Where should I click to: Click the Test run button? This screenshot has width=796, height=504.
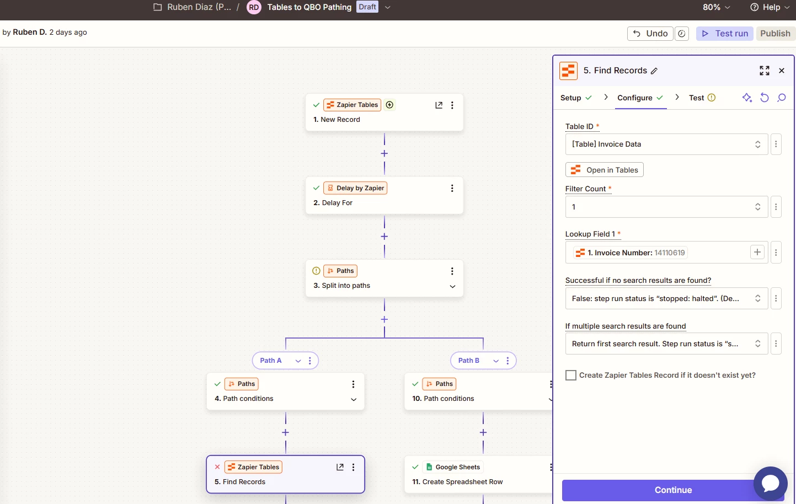(725, 34)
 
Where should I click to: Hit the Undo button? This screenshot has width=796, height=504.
(650, 34)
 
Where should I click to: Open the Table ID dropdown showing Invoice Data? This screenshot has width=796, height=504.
(666, 144)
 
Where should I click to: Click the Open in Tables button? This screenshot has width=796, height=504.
(604, 170)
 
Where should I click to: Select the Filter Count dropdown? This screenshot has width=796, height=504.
(666, 207)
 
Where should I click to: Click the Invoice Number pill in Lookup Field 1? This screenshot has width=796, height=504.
(630, 253)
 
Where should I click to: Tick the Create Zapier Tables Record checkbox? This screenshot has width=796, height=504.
(571, 375)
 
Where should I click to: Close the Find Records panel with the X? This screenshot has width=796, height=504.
(782, 71)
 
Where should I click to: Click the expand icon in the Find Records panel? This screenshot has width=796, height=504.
(765, 71)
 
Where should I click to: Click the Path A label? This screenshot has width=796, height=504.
(271, 361)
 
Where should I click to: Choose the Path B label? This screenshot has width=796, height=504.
(469, 361)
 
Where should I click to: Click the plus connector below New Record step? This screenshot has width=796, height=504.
(384, 153)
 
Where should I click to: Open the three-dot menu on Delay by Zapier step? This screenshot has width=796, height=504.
(452, 188)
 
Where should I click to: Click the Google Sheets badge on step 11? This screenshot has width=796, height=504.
(453, 467)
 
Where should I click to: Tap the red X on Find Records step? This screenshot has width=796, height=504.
(217, 467)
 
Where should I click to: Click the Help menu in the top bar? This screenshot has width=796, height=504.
(770, 7)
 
